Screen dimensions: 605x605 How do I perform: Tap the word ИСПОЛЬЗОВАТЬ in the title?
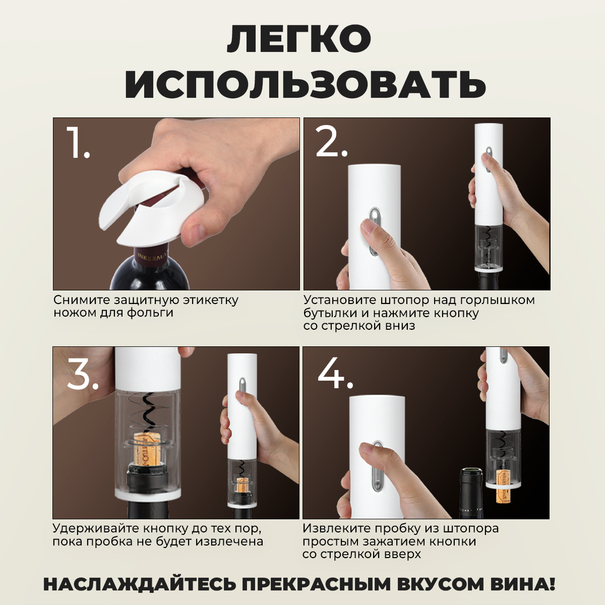tap(305, 84)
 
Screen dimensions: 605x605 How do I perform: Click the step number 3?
tap(83, 373)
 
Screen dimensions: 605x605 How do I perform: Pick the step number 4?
tap(335, 373)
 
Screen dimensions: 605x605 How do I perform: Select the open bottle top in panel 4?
tap(471, 482)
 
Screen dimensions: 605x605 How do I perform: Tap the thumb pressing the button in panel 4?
tap(371, 454)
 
